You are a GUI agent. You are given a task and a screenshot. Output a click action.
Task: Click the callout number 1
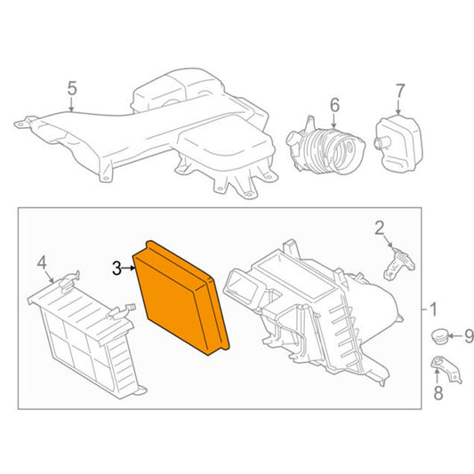[x=433, y=309]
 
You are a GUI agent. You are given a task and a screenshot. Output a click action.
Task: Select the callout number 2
[x=380, y=228]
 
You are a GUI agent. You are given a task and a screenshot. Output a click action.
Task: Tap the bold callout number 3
[x=116, y=269]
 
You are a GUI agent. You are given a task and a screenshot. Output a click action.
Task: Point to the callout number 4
[x=42, y=262]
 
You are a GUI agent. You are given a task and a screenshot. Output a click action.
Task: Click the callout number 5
[x=72, y=88]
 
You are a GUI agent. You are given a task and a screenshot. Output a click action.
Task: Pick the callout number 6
[x=334, y=105]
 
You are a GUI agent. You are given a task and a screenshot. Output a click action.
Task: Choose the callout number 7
[x=400, y=91]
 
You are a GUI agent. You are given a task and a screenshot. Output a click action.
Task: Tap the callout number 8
[x=438, y=393]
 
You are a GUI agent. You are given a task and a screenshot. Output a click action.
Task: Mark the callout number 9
[x=469, y=336]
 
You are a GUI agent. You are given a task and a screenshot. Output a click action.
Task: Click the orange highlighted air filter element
[x=180, y=298]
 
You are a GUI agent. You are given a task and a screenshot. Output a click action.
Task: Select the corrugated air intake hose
[x=325, y=147]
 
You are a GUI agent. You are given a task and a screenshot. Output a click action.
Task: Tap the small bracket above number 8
[x=446, y=369]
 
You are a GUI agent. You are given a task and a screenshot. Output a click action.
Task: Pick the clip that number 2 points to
[x=398, y=263]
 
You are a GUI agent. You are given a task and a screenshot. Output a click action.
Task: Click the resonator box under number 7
[x=398, y=143]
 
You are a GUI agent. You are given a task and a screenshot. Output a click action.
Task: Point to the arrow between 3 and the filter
[x=128, y=269]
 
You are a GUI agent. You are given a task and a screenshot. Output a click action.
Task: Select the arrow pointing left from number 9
[x=455, y=335]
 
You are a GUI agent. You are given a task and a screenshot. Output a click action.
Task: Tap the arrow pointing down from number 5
[x=71, y=104]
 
